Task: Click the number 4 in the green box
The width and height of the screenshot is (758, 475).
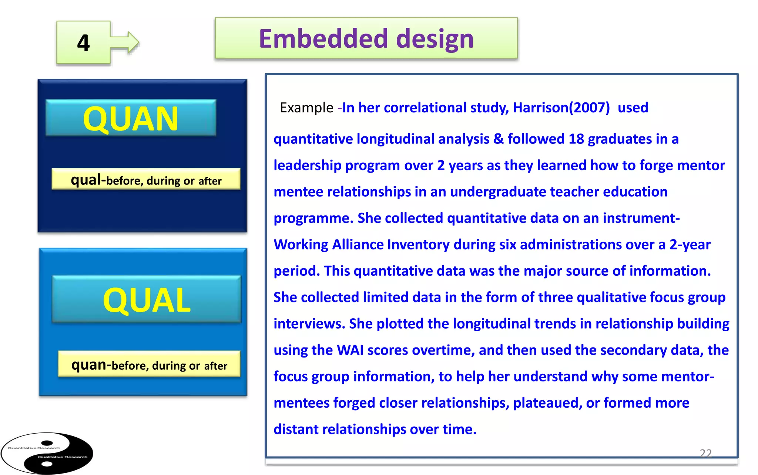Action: click(83, 43)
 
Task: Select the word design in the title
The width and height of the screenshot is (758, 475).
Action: click(435, 39)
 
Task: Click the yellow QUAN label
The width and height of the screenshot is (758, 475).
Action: click(131, 119)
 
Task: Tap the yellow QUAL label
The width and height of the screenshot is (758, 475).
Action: click(147, 300)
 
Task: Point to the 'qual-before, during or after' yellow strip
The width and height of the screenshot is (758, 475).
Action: click(146, 180)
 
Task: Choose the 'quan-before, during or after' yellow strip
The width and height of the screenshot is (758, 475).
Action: click(149, 365)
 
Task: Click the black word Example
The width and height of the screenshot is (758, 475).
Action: click(306, 108)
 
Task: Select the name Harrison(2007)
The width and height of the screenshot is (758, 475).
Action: click(561, 108)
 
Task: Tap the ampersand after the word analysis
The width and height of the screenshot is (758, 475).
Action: click(498, 139)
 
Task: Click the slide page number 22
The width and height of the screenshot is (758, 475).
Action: click(705, 453)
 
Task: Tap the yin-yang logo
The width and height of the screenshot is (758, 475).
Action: click(47, 453)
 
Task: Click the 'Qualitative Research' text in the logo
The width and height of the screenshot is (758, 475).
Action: click(63, 457)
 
